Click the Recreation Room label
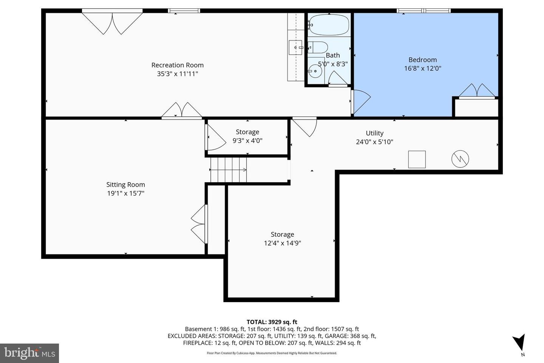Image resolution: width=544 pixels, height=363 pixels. pyautogui.click(x=178, y=65)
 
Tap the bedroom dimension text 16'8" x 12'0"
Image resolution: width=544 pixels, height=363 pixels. pyautogui.click(x=422, y=68)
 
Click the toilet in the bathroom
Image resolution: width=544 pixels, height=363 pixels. pyautogui.click(x=318, y=48)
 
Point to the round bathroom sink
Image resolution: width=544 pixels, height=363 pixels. pyautogui.click(x=315, y=71)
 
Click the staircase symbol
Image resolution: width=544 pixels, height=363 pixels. pyautogui.click(x=229, y=170)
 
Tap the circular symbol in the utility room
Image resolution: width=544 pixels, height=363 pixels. pyautogui.click(x=460, y=159)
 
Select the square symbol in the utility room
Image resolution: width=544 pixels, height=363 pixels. pyautogui.click(x=417, y=159)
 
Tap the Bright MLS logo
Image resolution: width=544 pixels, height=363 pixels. pyautogui.click(x=29, y=353)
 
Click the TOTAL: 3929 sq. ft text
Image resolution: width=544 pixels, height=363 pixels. pyautogui.click(x=272, y=322)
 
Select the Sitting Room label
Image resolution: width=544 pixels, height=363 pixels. pyautogui.click(x=125, y=185)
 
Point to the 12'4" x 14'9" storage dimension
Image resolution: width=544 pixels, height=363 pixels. pyautogui.click(x=282, y=243)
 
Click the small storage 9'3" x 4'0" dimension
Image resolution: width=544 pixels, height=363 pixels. pyautogui.click(x=247, y=141)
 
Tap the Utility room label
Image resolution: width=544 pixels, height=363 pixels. pyautogui.click(x=374, y=133)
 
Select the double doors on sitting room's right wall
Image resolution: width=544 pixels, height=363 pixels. pyautogui.click(x=199, y=224)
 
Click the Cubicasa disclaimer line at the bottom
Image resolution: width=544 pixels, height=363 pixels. pyautogui.click(x=272, y=353)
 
